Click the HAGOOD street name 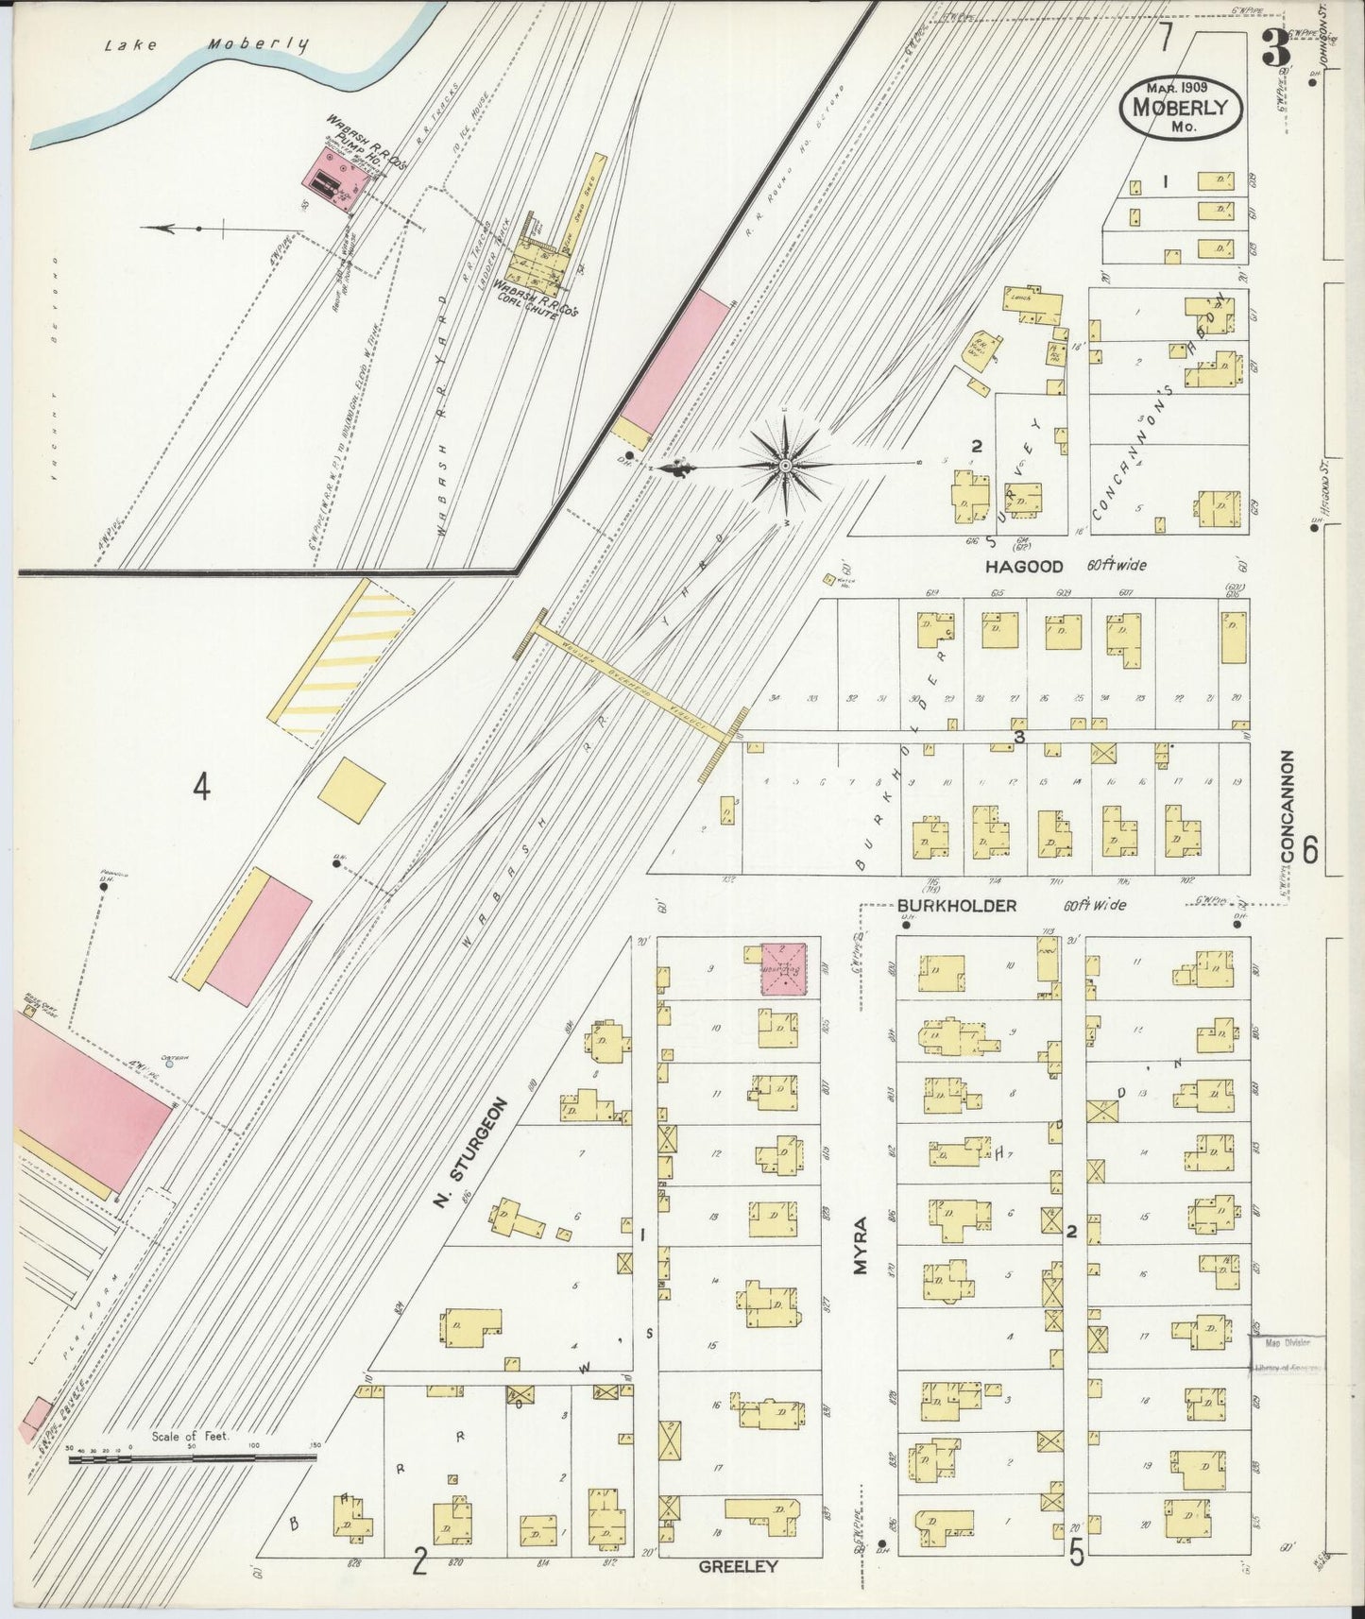[1024, 567]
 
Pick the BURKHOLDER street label [957, 906]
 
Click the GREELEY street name [738, 1566]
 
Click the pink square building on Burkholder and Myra [784, 968]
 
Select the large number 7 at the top [1168, 38]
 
